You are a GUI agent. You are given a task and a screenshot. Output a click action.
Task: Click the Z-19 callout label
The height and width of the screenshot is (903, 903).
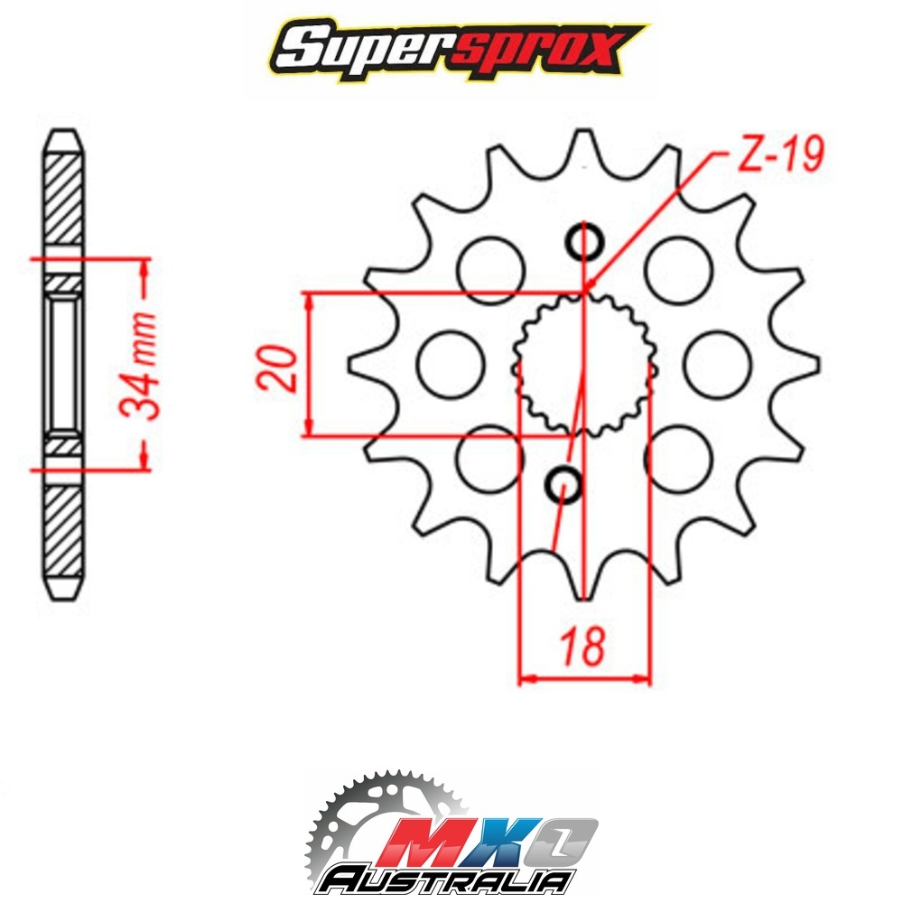coord(780,154)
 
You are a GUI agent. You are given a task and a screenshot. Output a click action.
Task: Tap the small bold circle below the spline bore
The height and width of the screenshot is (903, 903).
coord(563,485)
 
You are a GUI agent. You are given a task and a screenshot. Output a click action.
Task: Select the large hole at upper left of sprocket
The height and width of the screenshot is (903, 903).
coord(491,269)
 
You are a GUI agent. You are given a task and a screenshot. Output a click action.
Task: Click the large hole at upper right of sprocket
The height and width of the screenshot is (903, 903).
coord(678,269)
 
